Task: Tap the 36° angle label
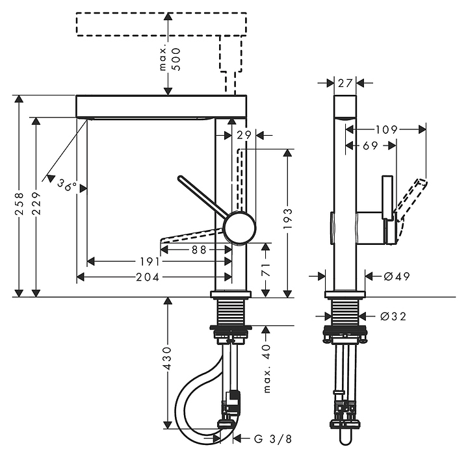pos(66,184)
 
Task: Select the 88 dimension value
pos(199,249)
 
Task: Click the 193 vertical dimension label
pos(287,220)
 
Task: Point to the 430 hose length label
pos(168,358)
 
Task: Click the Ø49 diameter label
pos(396,277)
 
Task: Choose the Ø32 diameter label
pos(393,316)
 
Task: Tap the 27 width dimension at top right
pos(345,83)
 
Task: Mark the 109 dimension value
pos(386,130)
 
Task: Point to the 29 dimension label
pos(244,134)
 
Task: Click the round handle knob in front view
pos(239,228)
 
